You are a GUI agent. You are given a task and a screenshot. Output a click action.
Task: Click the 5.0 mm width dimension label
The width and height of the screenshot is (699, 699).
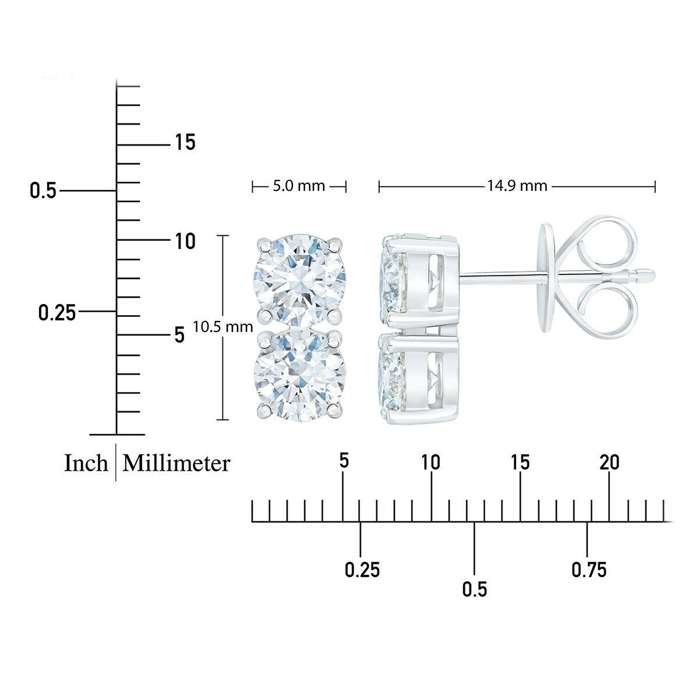[x=299, y=186]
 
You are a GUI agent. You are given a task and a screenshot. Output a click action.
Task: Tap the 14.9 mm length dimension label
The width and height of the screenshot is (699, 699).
[x=517, y=186]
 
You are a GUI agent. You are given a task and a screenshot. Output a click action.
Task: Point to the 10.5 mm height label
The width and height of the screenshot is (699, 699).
[x=223, y=327]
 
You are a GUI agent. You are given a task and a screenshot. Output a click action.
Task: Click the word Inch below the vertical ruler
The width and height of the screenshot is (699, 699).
[x=86, y=463]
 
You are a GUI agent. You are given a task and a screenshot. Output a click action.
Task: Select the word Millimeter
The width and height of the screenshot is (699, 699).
[x=176, y=463]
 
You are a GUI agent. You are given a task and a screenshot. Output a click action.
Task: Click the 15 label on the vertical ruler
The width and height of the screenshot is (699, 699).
[x=185, y=142]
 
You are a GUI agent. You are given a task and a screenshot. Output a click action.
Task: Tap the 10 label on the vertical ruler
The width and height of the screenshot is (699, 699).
[x=185, y=241]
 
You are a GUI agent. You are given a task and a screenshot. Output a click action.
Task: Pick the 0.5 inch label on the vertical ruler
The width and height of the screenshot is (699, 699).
[x=43, y=191]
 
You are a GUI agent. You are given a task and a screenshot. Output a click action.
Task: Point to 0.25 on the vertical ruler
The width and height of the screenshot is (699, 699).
[x=57, y=313]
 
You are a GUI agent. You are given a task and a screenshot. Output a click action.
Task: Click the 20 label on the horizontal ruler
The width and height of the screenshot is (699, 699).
[x=609, y=462]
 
